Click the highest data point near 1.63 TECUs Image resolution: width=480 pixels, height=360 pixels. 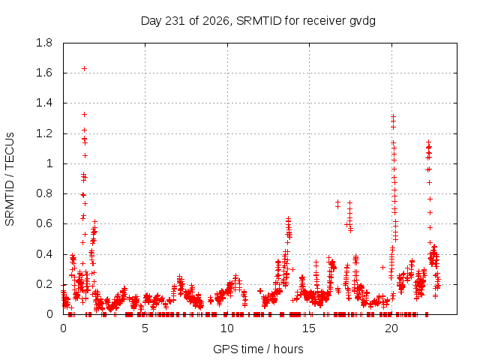84,68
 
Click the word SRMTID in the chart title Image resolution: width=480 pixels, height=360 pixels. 259,21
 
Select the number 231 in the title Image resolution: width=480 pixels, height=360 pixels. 175,21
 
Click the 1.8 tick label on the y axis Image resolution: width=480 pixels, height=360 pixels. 44,43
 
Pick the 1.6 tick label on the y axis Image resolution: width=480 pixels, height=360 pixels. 44,73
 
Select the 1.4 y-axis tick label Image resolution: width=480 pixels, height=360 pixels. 44,103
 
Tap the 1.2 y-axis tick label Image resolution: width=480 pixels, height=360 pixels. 44,133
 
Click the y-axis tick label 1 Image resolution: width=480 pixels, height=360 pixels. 49,163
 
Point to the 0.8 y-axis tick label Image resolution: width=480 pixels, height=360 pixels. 44,193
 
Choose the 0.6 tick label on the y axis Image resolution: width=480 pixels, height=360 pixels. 44,223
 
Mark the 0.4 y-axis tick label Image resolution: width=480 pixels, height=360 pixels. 44,254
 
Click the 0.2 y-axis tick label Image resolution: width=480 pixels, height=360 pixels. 44,284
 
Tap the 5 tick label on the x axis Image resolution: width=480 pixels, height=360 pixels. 145,328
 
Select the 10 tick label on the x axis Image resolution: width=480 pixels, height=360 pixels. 227,328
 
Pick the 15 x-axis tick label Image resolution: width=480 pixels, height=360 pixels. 309,328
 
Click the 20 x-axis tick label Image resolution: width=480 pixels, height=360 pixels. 391,328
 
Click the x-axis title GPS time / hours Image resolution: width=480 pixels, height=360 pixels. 258,349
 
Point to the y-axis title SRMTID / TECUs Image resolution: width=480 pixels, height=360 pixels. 10,179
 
